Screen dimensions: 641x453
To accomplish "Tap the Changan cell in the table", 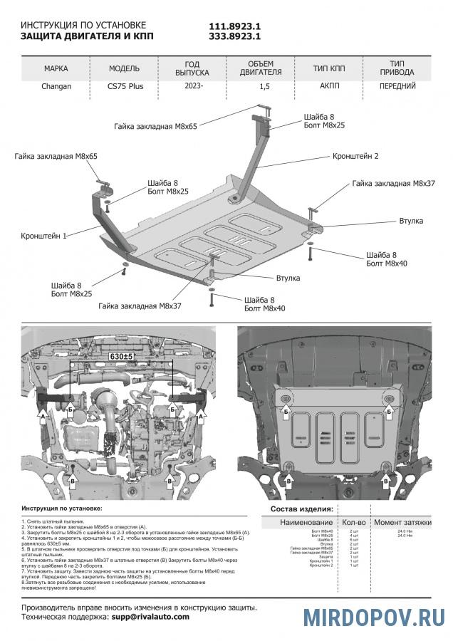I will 56,87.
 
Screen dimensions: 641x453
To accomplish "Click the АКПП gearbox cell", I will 329,86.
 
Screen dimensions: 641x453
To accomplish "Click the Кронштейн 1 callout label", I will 44,234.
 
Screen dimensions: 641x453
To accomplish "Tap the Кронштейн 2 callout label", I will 355,155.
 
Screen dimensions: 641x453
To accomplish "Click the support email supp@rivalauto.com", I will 150,617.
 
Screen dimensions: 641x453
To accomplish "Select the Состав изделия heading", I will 301,510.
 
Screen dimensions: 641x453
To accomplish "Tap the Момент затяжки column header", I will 403,523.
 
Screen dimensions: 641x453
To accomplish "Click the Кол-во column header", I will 354,523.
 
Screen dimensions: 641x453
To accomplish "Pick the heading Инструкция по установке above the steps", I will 62,509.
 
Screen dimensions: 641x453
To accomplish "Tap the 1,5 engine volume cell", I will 265,87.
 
